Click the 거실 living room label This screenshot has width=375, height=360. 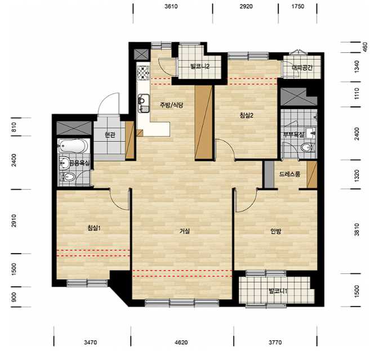tap(185, 231)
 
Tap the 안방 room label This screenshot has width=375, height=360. tap(276, 231)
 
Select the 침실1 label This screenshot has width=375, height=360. tap(94, 228)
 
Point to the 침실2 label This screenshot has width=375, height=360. tap(246, 116)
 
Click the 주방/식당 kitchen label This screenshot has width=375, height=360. tap(172, 105)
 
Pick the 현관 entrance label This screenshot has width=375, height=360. tap(110, 135)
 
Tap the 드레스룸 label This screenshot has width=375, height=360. tap(289, 174)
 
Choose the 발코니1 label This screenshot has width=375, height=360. tap(278, 291)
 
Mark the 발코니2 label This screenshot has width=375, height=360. tap(200, 66)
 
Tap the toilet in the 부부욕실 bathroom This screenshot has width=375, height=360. tap(307, 147)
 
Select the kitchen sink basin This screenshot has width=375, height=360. tap(144, 103)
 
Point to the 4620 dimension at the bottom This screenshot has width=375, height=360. tap(181, 343)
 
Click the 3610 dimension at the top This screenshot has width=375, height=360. tap(171, 6)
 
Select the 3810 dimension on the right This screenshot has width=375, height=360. tap(356, 229)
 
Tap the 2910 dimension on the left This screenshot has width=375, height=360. tap(14, 221)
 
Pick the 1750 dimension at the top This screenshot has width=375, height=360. tap(298, 6)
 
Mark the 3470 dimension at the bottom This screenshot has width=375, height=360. tap(91, 343)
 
